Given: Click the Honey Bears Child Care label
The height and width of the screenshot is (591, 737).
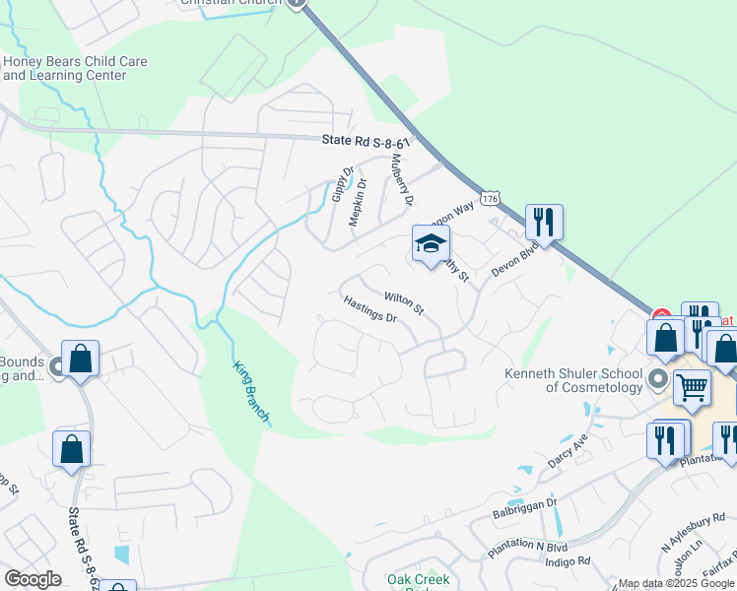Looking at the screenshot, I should (x=75, y=69).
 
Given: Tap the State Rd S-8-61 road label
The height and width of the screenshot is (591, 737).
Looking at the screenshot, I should (x=367, y=141).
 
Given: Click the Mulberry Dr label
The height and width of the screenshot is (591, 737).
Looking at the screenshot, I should (x=400, y=179).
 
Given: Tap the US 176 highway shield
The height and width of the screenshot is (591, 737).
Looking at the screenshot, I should (x=490, y=200).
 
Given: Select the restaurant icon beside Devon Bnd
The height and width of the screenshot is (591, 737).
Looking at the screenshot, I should (x=544, y=224).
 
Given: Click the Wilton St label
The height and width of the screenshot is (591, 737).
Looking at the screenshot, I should (x=403, y=303).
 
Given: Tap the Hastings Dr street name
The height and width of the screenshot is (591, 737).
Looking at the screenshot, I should (x=369, y=312).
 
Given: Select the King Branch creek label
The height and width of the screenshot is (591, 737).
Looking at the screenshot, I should (x=250, y=393).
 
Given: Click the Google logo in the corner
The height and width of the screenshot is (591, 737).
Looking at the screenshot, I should (x=33, y=579).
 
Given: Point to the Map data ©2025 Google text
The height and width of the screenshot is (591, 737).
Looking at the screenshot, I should (x=676, y=583).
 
